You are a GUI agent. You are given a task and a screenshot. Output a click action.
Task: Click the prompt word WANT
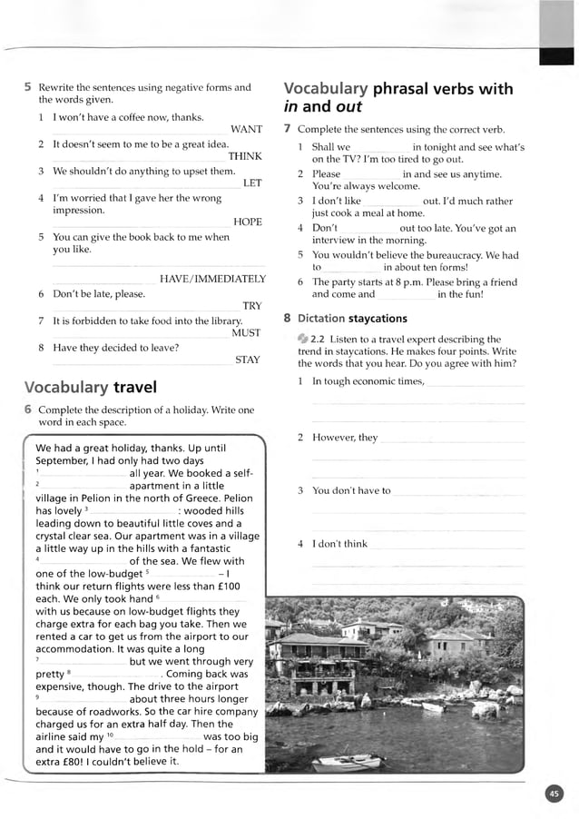tap(246, 130)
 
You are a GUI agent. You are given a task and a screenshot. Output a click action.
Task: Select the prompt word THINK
tap(245, 156)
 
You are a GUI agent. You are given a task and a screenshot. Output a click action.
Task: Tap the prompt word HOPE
tap(247, 222)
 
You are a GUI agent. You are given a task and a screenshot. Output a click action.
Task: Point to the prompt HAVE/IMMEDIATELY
tap(212, 279)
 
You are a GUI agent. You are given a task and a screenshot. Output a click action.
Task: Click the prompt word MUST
tap(246, 333)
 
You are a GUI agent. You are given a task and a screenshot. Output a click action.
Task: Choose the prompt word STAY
tap(247, 360)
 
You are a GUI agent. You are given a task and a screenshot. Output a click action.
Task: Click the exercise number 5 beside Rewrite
tap(28, 88)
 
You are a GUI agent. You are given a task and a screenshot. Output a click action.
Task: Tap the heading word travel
tap(135, 389)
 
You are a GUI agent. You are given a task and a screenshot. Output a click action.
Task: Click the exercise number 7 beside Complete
tap(288, 130)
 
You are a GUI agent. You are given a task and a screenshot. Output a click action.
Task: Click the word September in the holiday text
tap(64, 460)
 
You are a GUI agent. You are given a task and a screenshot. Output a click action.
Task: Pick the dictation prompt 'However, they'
tap(345, 438)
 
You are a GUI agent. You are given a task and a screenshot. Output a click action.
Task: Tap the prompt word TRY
tap(251, 306)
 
